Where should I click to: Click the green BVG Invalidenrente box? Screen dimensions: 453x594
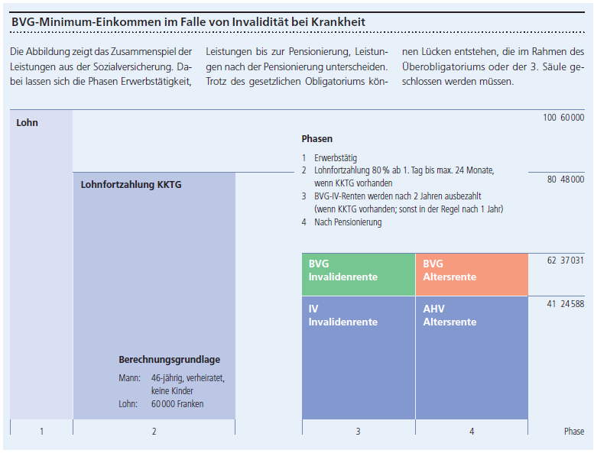pos(358,274)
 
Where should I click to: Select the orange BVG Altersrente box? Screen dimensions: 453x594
pos(471,274)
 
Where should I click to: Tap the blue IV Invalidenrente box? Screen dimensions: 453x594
pos(358,357)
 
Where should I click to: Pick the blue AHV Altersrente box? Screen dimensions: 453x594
pos(471,357)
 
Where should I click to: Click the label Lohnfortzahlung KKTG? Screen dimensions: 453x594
pos(131,184)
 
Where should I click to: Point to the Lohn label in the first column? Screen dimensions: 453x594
pos(27,122)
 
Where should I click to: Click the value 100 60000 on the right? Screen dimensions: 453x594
pos(563,117)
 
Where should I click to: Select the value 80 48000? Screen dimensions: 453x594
pos(566,180)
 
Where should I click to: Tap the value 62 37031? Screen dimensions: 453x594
pos(566,260)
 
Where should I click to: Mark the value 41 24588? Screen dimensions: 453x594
pos(566,304)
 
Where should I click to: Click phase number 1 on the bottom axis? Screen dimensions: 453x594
pos(41,432)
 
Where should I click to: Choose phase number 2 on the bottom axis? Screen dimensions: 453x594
pos(154,432)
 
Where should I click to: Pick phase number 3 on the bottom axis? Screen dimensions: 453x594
pos(358,432)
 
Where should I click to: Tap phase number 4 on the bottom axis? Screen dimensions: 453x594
pos(471,432)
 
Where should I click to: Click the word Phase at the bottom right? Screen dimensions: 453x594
pos(573,432)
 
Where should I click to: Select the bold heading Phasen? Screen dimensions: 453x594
pos(316,139)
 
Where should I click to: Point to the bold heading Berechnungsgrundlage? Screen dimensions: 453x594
pos(169,360)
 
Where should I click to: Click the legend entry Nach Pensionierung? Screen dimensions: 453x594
pos(347,222)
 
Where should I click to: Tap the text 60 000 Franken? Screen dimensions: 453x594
pos(177,404)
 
